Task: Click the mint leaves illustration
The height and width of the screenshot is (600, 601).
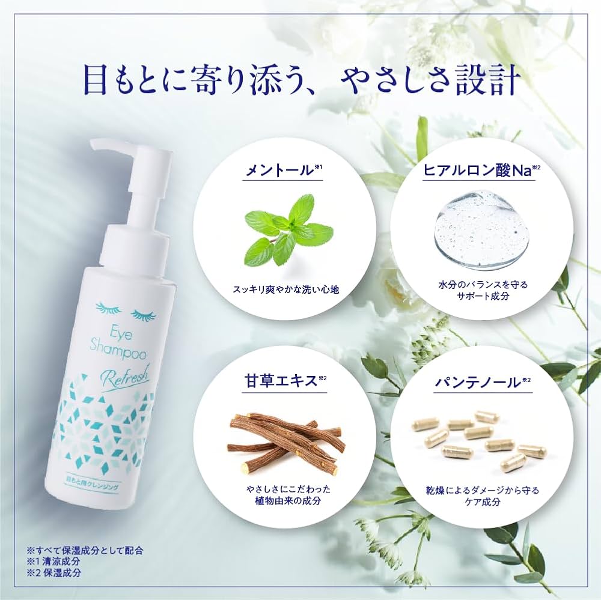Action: pyautogui.click(x=288, y=229)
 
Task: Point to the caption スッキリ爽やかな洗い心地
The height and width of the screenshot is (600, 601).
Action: pyautogui.click(x=286, y=289)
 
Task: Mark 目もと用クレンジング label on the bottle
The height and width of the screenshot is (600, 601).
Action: pyautogui.click(x=93, y=477)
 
